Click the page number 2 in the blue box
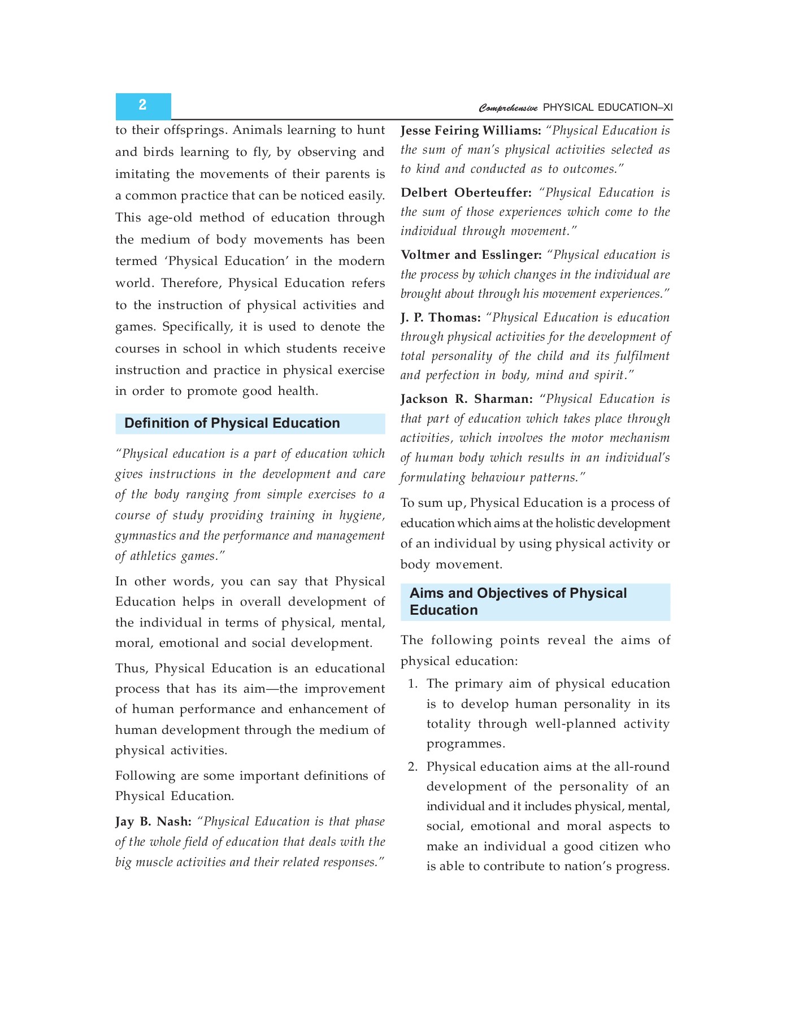click(142, 105)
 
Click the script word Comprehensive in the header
click(508, 108)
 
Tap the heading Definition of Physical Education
click(232, 423)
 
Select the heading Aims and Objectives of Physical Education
click(518, 601)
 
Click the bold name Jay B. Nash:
click(153, 822)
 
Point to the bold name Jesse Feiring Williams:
click(471, 131)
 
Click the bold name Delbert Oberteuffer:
click(466, 193)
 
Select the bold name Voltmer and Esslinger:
click(471, 255)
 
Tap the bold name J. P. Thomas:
click(440, 318)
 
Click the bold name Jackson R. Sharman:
click(466, 399)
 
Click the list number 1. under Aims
click(412, 684)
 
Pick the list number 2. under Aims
click(412, 767)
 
